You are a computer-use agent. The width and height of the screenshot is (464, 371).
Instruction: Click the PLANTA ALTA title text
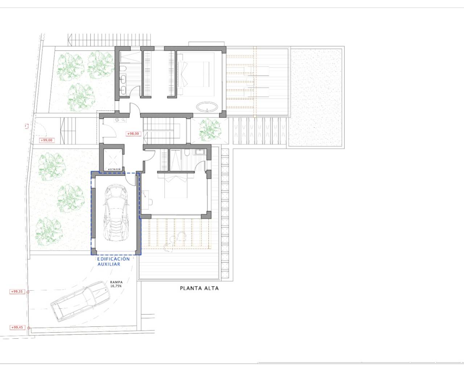pos(199,289)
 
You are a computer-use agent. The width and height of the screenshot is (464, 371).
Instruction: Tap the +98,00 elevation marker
pos(133,134)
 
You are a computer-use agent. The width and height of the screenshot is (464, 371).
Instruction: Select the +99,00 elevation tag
pos(46,140)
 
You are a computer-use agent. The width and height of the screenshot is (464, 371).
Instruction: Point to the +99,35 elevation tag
pos(17,291)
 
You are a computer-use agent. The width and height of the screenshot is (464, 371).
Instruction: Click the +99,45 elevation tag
pos(17,328)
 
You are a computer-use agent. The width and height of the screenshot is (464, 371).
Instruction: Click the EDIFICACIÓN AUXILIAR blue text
pos(113,262)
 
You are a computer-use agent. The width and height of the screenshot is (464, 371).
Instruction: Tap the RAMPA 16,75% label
pos(117,284)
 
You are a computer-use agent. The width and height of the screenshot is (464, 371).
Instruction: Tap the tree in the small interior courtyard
pos(209,129)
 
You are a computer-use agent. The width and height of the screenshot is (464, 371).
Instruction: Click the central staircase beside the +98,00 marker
pos(160,129)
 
